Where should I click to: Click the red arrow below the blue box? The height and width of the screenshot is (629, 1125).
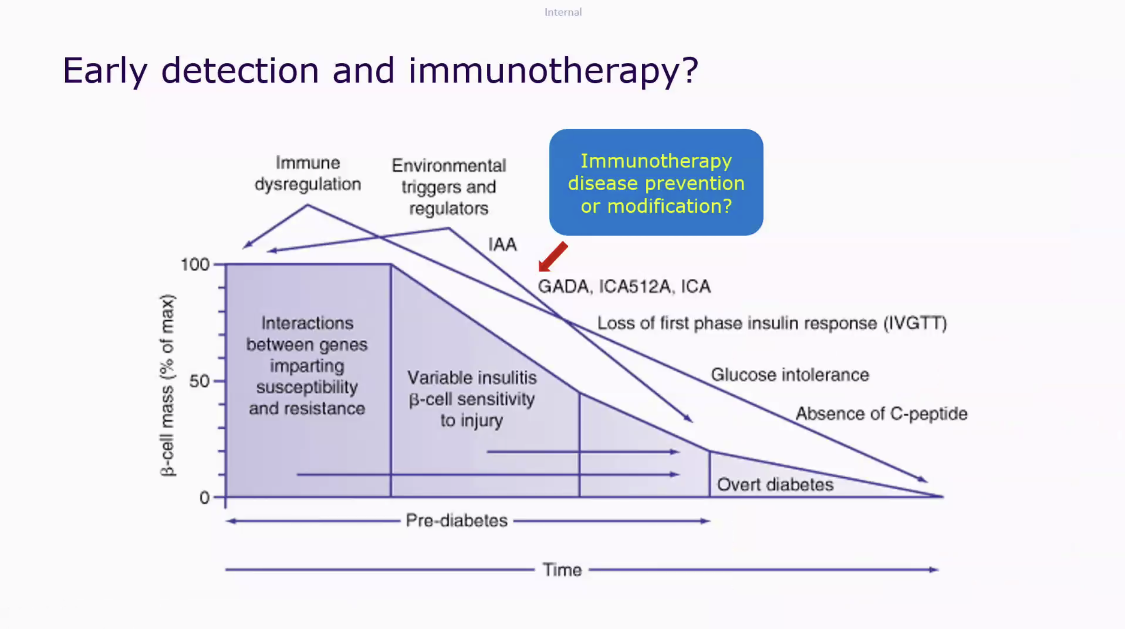553,257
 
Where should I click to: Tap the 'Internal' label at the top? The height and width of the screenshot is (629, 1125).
563,12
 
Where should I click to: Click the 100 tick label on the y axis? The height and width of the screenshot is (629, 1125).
195,265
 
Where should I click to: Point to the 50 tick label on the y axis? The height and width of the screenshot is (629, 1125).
199,381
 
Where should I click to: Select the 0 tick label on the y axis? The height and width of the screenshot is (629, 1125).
204,497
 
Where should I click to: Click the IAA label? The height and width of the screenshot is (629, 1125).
502,244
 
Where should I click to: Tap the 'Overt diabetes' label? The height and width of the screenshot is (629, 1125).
775,484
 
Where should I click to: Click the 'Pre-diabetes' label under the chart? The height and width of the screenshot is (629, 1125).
457,521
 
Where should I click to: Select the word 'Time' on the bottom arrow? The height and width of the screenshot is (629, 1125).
562,570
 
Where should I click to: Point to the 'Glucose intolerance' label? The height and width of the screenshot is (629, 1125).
790,375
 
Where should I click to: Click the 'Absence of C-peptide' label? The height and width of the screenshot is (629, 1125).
882,414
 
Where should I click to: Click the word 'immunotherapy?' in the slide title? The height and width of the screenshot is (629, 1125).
553,70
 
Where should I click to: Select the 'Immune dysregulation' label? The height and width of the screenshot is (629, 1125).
308,174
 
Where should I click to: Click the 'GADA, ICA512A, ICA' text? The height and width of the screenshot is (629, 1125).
624,286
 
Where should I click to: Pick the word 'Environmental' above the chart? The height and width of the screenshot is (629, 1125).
449,166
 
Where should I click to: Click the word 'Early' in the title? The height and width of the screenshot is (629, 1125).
105,70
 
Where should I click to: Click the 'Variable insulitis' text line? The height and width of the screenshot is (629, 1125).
472,378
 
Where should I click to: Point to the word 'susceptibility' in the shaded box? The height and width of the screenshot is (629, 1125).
307,387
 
